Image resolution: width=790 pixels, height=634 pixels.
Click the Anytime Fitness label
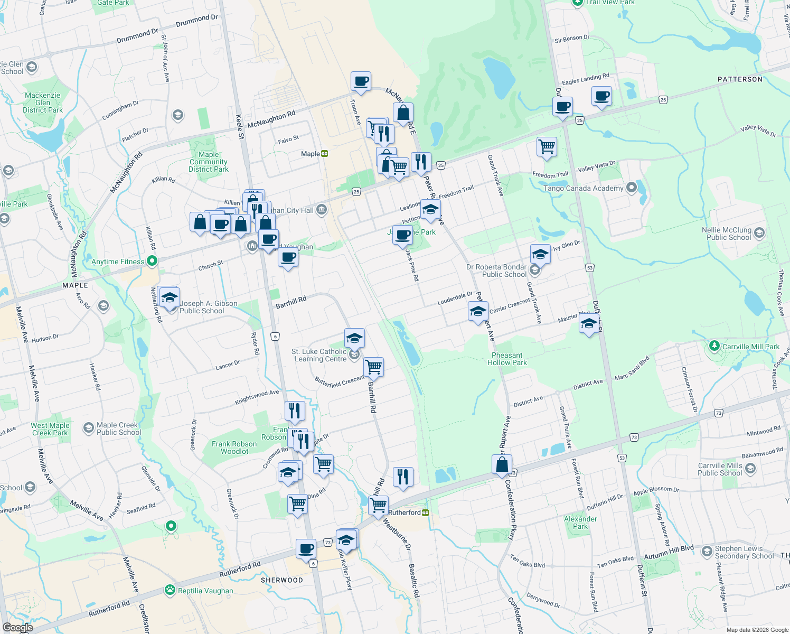(x=118, y=262)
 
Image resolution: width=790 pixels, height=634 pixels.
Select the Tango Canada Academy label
(x=583, y=188)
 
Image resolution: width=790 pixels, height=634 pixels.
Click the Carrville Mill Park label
(x=750, y=347)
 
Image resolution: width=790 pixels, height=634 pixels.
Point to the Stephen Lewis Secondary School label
(x=744, y=552)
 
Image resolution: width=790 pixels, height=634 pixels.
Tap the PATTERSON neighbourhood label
(x=740, y=79)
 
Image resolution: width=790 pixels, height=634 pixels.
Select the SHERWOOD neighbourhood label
(x=282, y=580)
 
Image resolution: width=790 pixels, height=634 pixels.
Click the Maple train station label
(x=311, y=154)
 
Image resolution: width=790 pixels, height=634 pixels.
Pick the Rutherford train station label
(x=405, y=512)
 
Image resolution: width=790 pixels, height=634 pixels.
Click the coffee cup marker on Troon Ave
(x=361, y=81)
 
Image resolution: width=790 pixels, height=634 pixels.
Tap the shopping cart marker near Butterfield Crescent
(x=374, y=366)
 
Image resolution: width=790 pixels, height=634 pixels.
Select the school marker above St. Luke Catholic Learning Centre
(x=354, y=337)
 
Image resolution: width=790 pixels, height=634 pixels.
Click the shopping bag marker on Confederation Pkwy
(x=502, y=464)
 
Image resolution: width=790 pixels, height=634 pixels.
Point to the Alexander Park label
(x=580, y=523)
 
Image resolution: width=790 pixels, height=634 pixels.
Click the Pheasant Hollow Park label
(x=507, y=359)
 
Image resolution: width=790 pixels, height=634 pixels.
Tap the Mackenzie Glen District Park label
(x=43, y=102)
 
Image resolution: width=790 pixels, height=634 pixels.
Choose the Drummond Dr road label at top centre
(x=196, y=21)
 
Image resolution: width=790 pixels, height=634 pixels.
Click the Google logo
(x=17, y=628)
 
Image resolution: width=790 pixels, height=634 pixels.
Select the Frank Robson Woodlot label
(x=234, y=447)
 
